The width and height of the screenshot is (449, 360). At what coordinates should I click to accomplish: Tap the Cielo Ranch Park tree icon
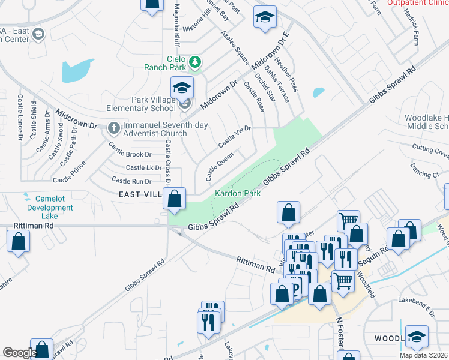click(195, 61)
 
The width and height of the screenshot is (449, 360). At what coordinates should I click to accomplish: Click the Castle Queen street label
click(220, 166)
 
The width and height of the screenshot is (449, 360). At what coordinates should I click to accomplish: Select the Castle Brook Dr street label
click(130, 154)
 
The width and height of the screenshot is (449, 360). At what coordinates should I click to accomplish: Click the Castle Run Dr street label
click(131, 181)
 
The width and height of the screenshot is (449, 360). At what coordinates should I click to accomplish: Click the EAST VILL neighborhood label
click(140, 194)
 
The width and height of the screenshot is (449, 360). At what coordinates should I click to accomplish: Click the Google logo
click(20, 352)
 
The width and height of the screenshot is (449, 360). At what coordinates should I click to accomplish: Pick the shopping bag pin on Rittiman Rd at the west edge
click(19, 241)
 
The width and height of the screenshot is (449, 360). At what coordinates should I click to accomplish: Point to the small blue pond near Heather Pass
click(318, 92)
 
